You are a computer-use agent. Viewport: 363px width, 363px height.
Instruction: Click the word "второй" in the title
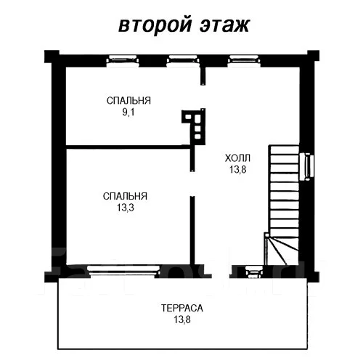[x=152, y=25]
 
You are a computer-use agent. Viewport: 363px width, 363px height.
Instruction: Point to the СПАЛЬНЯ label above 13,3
[x=125, y=197]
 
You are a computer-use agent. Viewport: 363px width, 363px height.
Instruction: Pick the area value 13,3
[x=125, y=208]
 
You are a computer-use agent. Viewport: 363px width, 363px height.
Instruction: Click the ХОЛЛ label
[x=237, y=158]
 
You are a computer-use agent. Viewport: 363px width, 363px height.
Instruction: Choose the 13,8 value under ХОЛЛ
[x=237, y=169]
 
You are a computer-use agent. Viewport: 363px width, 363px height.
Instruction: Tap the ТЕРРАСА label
[x=182, y=308]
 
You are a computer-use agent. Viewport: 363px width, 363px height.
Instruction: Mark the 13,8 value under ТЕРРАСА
[x=182, y=319]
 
